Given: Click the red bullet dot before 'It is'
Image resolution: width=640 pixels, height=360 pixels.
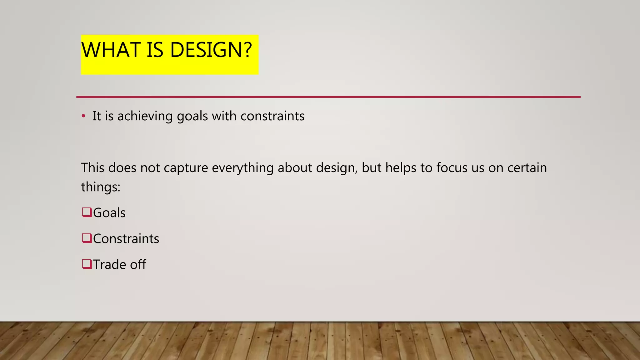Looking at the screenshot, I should coord(83,116).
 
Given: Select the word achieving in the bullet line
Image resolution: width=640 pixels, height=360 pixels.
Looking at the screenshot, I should coord(145,116).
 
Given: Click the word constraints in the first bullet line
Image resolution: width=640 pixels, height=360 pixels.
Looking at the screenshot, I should coord(272,116).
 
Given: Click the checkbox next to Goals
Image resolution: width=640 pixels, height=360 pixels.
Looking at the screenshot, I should coord(87,212).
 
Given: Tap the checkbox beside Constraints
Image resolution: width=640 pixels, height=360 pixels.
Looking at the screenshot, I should coord(87,238).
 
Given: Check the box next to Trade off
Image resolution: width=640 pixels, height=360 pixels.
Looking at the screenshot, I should coord(87,264).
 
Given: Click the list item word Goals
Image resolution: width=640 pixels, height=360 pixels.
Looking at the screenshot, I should coord(109,213).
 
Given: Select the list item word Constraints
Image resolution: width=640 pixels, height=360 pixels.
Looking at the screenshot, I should coord(126,239).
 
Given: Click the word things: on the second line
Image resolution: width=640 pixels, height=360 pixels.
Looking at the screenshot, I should coord(101,187).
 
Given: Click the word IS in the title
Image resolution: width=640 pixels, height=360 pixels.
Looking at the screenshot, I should coord(155,50).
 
